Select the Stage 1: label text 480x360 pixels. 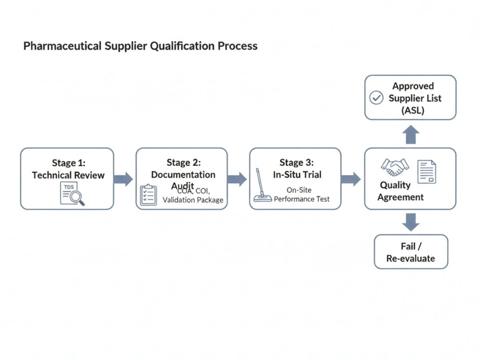(x=68, y=163)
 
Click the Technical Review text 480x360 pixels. (x=68, y=175)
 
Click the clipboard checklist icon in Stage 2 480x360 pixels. (x=148, y=195)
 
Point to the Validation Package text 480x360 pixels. (x=193, y=200)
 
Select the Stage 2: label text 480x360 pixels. (x=184, y=162)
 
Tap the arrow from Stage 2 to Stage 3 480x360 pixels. (x=237, y=179)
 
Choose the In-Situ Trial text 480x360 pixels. (x=297, y=175)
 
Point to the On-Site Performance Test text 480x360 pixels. (x=302, y=195)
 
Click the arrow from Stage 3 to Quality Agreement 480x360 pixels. (x=351, y=179)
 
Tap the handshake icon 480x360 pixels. (x=395, y=167)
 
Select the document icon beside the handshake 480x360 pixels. (x=426, y=172)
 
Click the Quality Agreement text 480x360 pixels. (x=400, y=191)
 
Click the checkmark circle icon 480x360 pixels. (x=376, y=98)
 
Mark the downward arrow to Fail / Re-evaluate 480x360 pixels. (x=410, y=222)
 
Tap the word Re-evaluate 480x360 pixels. (x=410, y=258)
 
